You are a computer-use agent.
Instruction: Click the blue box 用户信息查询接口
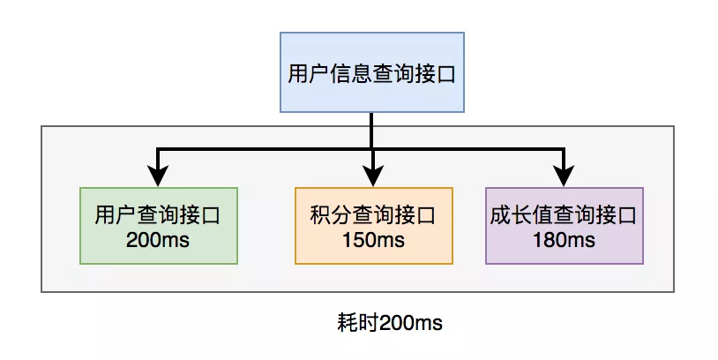(372, 72)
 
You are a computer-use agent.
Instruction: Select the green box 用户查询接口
(159, 226)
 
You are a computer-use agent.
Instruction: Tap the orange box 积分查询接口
(374, 226)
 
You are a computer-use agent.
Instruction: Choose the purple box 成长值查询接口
(565, 226)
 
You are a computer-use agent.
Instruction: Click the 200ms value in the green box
(158, 240)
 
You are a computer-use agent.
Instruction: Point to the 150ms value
(374, 240)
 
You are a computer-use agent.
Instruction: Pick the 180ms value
(565, 240)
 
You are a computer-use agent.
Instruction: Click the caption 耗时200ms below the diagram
(390, 322)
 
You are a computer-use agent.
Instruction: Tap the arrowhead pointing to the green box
(158, 176)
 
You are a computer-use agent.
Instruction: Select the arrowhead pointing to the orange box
(373, 176)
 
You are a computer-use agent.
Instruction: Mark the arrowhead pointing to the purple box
(564, 176)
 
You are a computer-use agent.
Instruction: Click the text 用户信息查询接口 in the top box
(372, 74)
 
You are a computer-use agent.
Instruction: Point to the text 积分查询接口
(373, 215)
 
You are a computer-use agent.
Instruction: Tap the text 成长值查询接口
(564, 215)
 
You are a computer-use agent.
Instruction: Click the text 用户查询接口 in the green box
(158, 215)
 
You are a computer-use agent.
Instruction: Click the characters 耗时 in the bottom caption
(358, 322)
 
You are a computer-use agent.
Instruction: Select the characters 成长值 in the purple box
(521, 215)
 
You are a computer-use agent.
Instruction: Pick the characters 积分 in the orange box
(331, 215)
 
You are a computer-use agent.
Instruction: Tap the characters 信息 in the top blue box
(351, 74)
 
